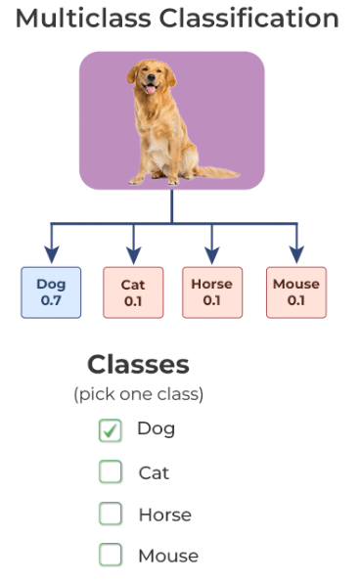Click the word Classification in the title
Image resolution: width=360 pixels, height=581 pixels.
[253, 19]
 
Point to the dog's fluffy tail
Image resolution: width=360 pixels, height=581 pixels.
[216, 172]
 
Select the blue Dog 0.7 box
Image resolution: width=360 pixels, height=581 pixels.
[51, 291]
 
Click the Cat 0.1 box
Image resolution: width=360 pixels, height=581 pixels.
[133, 291]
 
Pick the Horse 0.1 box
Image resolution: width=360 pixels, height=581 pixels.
[211, 291]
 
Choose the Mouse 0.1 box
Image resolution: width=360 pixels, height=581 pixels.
[295, 291]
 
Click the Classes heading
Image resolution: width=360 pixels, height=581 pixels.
[138, 365]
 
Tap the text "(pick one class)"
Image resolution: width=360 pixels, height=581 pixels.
[138, 394]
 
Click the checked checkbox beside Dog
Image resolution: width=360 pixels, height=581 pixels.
[111, 430]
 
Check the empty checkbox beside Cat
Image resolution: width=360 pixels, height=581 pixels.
[111, 472]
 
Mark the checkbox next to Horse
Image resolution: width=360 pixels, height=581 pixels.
[111, 514]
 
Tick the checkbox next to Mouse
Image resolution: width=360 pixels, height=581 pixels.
[111, 556]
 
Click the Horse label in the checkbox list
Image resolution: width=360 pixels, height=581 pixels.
[164, 514]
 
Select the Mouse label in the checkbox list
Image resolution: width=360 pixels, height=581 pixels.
[167, 556]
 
